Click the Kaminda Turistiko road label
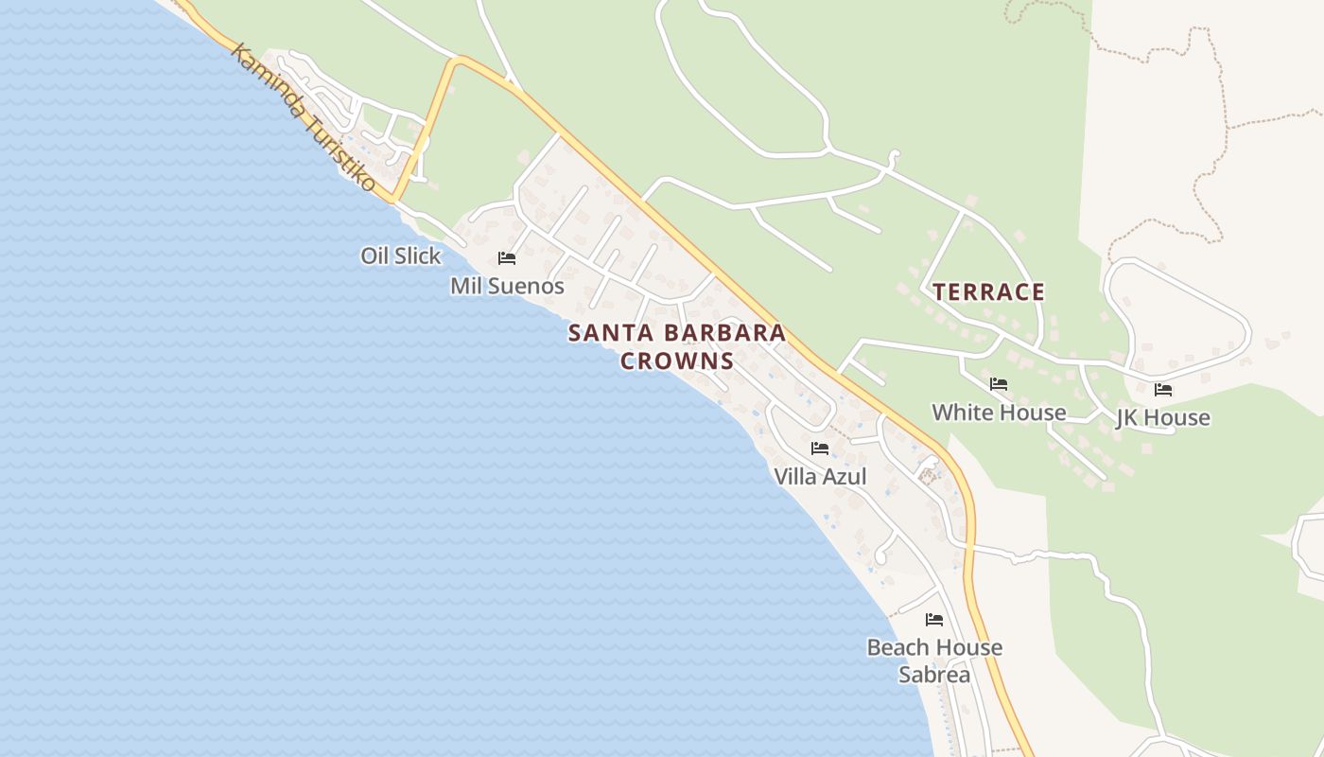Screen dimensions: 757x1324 pos(303,117)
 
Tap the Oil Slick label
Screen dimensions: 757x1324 pos(401,255)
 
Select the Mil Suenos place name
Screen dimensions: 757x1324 pos(507,286)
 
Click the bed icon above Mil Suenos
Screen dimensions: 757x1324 pos(507,258)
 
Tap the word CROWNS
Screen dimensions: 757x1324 pos(677,361)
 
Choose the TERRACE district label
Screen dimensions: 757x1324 pos(989,291)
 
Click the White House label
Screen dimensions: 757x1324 pos(999,413)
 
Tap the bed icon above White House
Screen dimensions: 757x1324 pos(999,384)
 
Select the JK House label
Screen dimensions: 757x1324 pos(1162,417)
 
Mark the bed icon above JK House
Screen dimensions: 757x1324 pos(1163,389)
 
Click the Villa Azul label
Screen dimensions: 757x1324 pos(820,476)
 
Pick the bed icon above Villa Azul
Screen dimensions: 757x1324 pos(820,449)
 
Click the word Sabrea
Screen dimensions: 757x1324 pos(934,675)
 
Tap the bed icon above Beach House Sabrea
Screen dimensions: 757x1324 pos(934,620)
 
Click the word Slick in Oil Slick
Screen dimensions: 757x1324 pos(420,255)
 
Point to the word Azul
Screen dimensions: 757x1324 pos(845,476)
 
